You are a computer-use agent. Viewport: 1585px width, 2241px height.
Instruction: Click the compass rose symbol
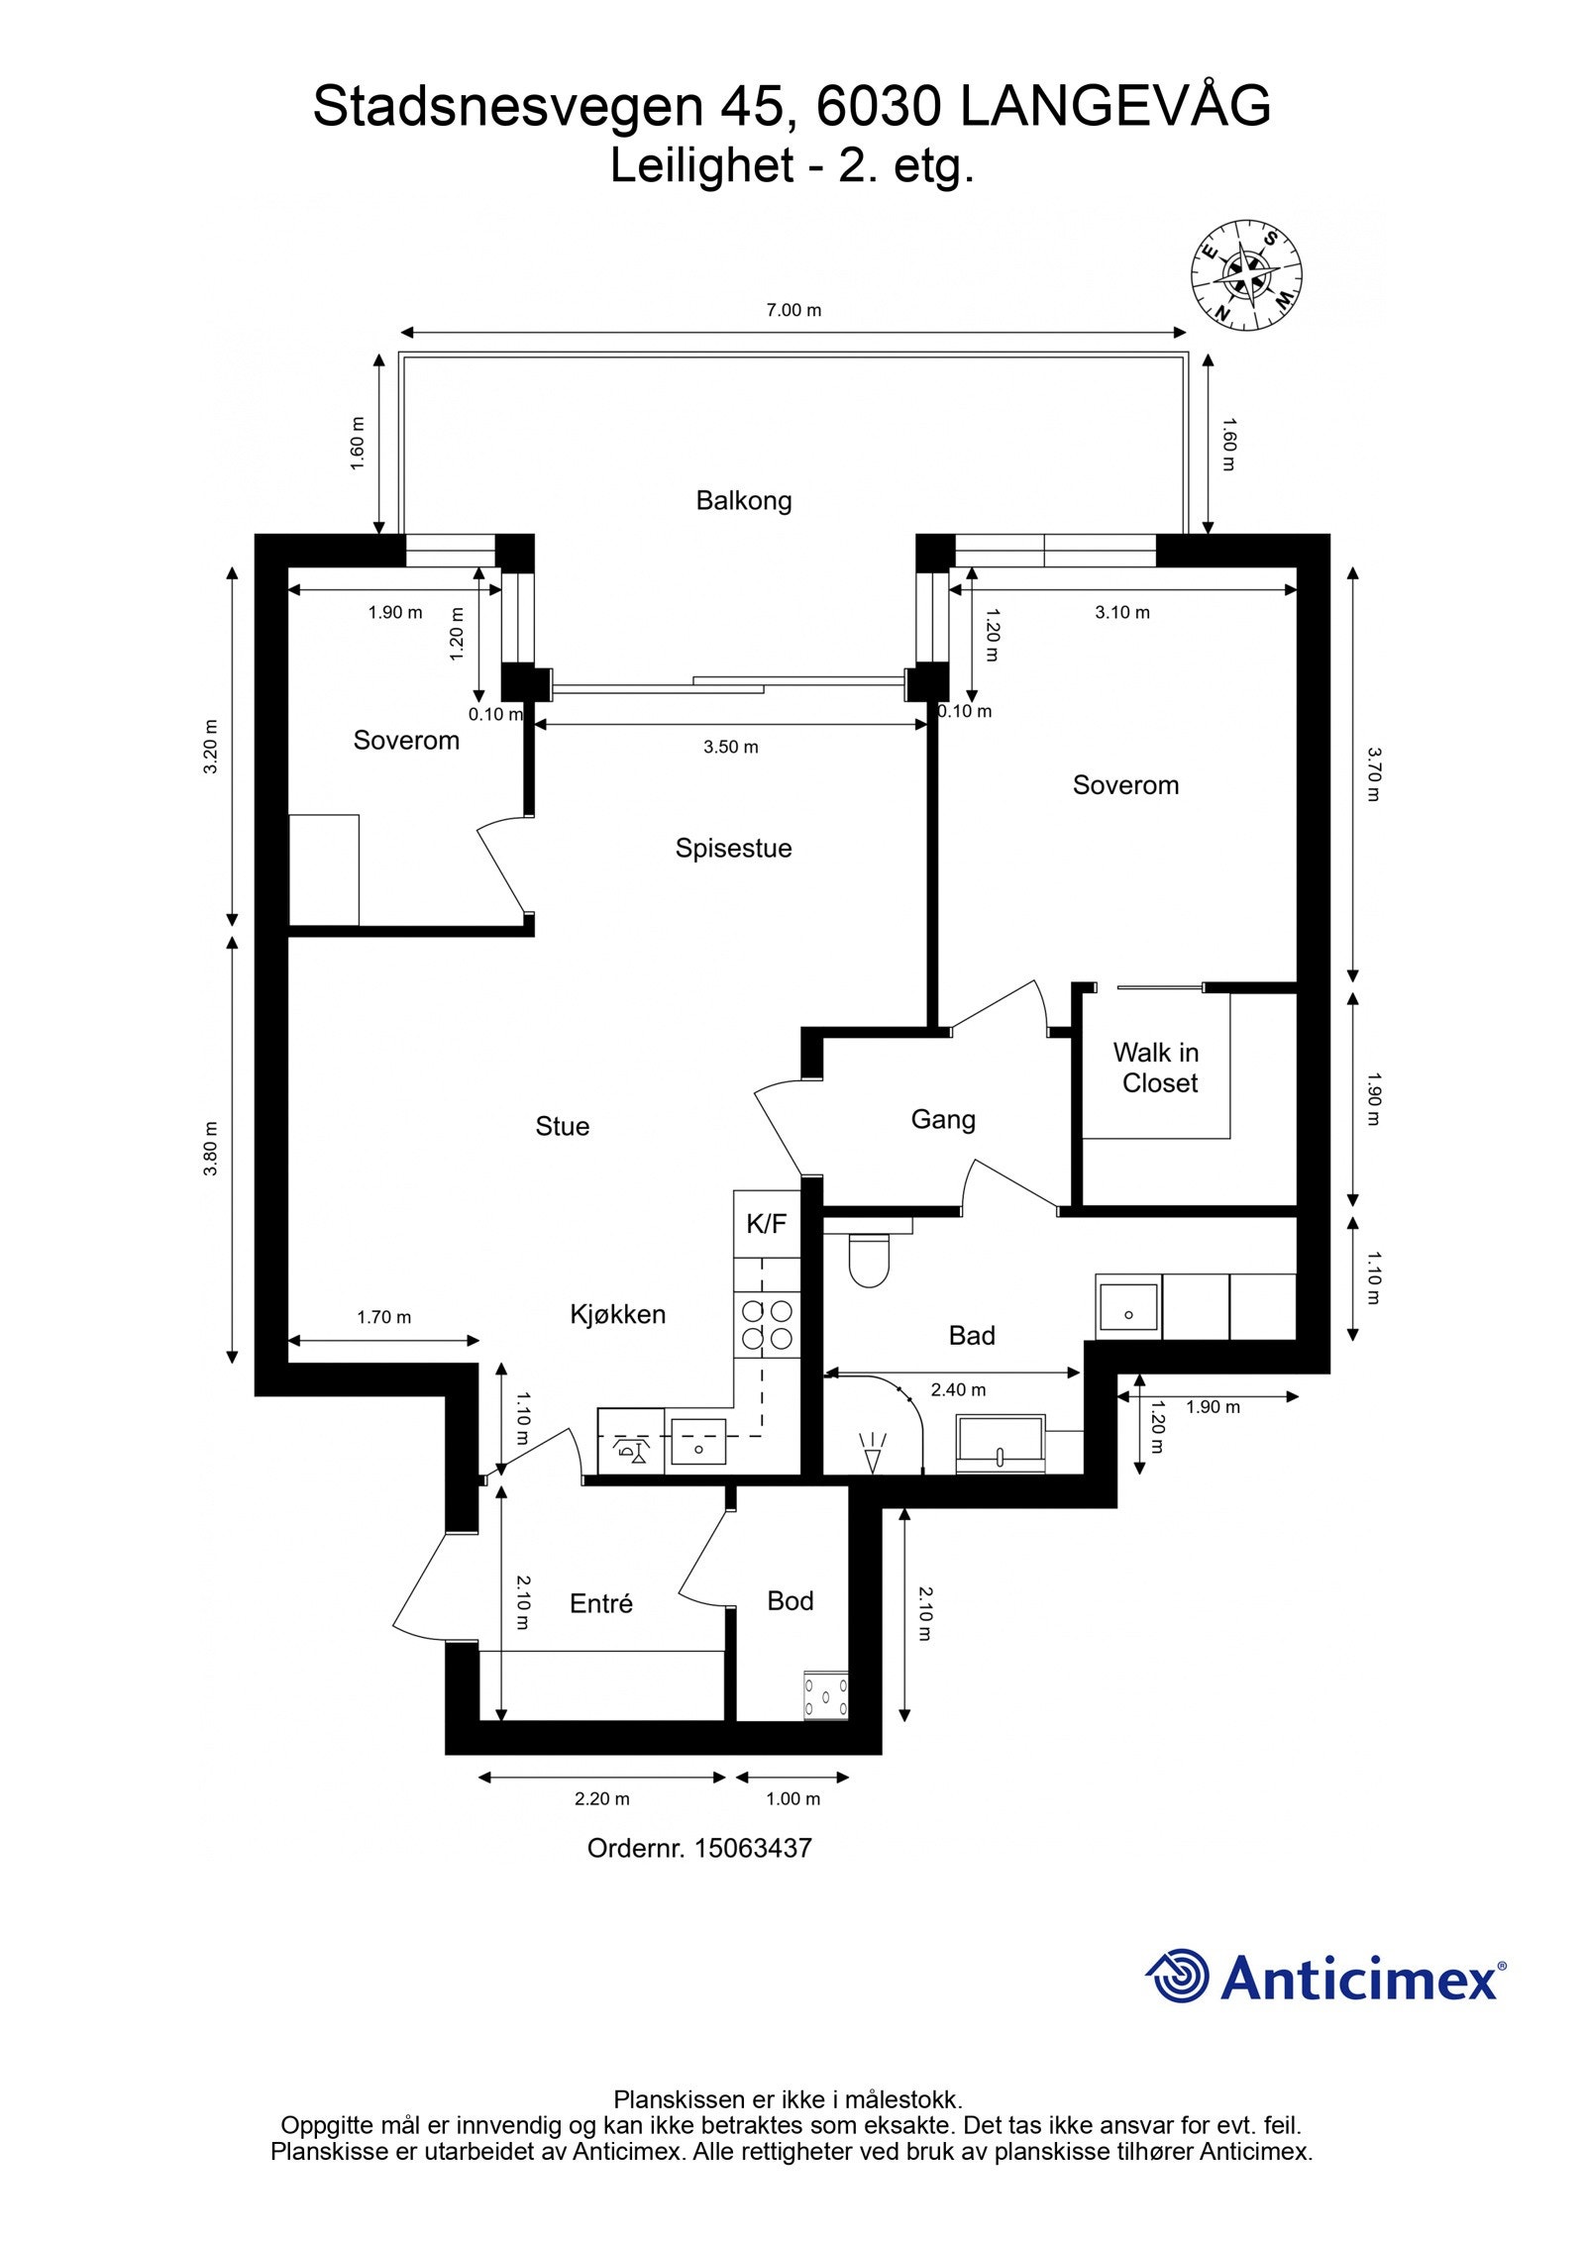coord(1245,273)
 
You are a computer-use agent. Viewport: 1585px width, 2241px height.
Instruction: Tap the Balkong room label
coord(743,500)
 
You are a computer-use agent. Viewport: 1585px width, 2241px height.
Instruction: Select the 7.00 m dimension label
coord(793,310)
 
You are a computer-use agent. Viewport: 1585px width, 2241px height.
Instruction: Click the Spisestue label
coord(733,848)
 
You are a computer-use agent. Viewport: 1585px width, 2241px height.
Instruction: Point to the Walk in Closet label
coord(1156,1067)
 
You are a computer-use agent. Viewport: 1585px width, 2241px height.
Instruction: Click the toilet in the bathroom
coord(869,1259)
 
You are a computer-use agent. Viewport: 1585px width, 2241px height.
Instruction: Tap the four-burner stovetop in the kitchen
coord(767,1325)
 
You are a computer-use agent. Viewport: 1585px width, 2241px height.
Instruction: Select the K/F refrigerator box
coord(766,1224)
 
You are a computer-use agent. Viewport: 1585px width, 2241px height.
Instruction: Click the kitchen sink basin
coord(698,1442)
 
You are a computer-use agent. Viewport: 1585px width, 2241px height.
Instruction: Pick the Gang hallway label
coord(942,1119)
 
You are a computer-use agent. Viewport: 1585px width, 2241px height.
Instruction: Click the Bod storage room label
coord(790,1600)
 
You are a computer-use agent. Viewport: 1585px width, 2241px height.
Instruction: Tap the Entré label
coord(600,1603)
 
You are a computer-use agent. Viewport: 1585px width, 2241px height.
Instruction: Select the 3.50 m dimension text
coord(730,747)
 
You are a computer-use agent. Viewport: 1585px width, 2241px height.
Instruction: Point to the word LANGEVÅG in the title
coord(1114,106)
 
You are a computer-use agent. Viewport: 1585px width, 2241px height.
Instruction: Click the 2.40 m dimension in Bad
coord(957,1389)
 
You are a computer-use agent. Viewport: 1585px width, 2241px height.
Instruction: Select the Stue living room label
coord(562,1126)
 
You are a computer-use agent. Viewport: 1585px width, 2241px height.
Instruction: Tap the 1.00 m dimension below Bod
coord(792,1798)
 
